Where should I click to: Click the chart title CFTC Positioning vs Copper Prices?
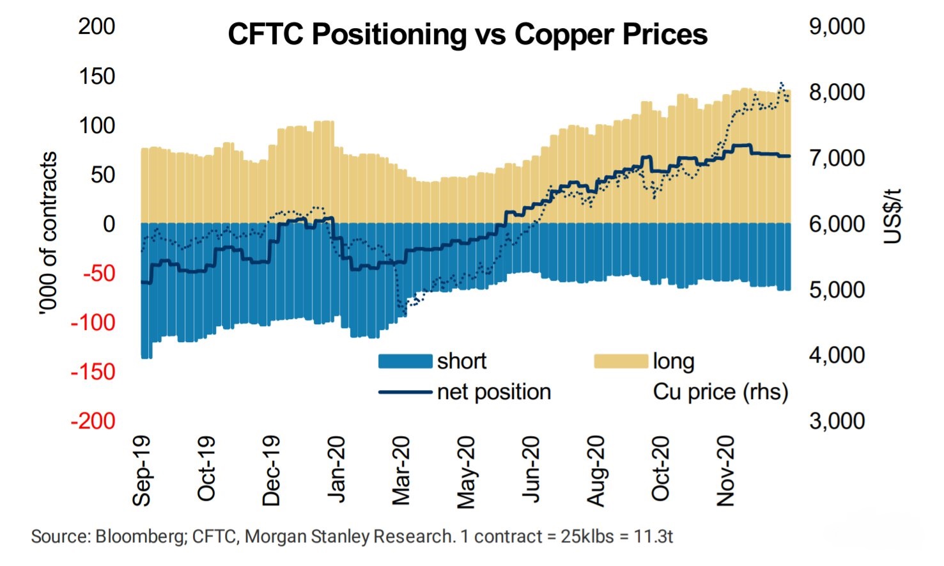(x=467, y=35)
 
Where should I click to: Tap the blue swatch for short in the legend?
(x=405, y=361)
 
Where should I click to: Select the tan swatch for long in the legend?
(x=621, y=361)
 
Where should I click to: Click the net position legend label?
(x=493, y=391)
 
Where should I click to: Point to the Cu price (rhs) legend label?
(x=720, y=391)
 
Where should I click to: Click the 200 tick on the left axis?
(x=97, y=26)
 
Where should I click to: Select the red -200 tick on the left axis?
(x=93, y=421)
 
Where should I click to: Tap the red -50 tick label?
(x=99, y=273)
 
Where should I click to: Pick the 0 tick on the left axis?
(x=109, y=224)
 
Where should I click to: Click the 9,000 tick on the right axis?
(x=837, y=26)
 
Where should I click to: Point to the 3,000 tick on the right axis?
(x=837, y=421)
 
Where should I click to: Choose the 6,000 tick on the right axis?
(x=837, y=224)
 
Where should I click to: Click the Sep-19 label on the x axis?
(x=142, y=471)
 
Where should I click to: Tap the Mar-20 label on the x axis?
(x=401, y=471)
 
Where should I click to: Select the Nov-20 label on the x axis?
(x=726, y=471)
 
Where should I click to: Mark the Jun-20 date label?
(x=531, y=471)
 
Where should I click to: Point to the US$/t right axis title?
(x=893, y=216)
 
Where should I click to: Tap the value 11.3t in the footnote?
(x=653, y=536)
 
